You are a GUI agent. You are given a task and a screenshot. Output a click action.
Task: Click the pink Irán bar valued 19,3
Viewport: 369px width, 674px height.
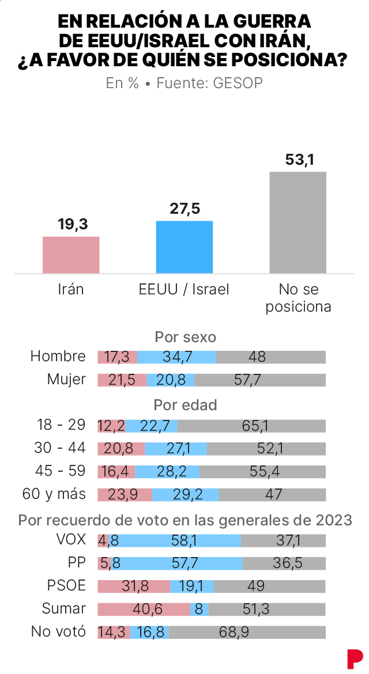pyautogui.click(x=71, y=255)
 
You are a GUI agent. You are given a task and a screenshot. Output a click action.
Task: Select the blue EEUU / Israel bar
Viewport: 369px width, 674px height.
pyautogui.click(x=184, y=247)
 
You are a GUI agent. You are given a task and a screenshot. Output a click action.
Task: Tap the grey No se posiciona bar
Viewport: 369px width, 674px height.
pyautogui.click(x=298, y=222)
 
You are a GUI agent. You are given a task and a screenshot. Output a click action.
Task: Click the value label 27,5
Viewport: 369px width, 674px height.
pyautogui.click(x=184, y=209)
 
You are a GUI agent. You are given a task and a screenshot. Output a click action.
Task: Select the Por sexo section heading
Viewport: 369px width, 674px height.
pyautogui.click(x=185, y=336)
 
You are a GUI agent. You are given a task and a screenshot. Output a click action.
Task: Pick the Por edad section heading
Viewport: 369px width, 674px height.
pyautogui.click(x=185, y=405)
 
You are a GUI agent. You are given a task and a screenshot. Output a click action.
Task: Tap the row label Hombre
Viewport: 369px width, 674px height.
pyautogui.click(x=58, y=357)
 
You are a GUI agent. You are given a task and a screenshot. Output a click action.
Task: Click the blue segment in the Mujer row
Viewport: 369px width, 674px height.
pyautogui.click(x=170, y=380)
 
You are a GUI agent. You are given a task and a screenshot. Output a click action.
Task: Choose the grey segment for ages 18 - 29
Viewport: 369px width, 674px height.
pyautogui.click(x=251, y=426)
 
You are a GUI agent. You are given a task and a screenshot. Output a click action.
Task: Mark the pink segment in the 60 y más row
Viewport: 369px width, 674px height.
pyautogui.click(x=125, y=494)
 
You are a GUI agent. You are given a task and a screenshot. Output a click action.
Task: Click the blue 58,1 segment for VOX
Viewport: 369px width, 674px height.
pyautogui.click(x=175, y=540)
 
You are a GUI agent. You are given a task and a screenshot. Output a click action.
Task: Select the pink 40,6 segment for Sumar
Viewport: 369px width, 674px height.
pyautogui.click(x=144, y=609)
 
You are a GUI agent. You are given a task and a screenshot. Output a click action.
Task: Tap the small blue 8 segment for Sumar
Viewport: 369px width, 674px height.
pyautogui.click(x=199, y=609)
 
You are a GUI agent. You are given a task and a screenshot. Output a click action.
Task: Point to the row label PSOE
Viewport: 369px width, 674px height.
pyautogui.click(x=66, y=586)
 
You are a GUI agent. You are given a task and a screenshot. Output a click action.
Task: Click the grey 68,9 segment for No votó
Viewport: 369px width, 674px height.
pyautogui.click(x=247, y=632)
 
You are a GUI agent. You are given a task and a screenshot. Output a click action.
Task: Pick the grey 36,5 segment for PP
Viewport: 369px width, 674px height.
pyautogui.click(x=284, y=563)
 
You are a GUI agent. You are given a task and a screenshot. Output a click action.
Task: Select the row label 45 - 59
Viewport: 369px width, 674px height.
pyautogui.click(x=61, y=471)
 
